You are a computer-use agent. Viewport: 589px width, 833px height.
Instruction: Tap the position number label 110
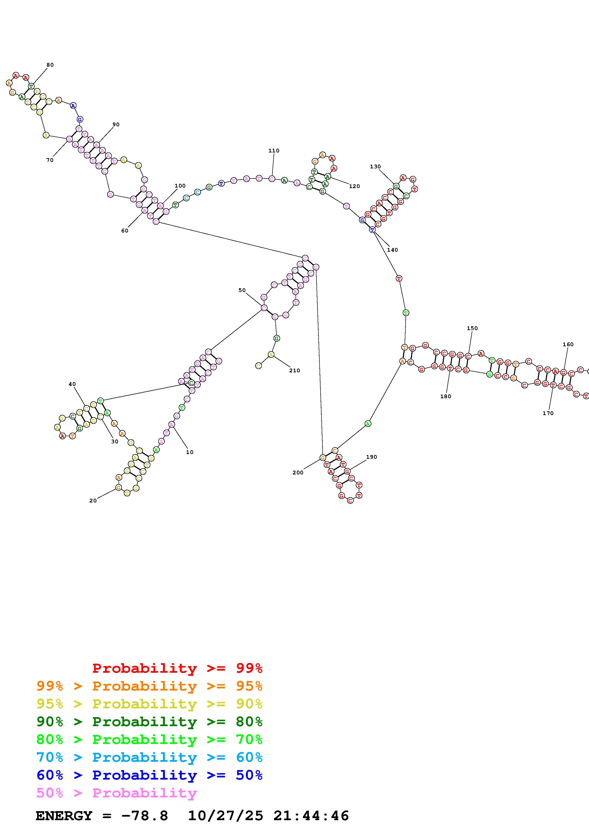pos(274,151)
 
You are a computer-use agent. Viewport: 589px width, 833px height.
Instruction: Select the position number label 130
pos(375,166)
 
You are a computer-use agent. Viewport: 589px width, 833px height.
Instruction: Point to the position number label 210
pos(294,370)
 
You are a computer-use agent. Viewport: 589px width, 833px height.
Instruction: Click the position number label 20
pos(93,501)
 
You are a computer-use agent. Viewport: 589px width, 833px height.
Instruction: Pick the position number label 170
pos(548,413)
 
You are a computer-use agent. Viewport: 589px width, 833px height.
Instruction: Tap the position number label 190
pos(371,457)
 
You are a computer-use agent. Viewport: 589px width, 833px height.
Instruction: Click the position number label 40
pos(72,384)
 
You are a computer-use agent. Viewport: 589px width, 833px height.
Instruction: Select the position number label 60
pos(125,231)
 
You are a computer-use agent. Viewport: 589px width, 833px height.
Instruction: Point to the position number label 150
pos(472,328)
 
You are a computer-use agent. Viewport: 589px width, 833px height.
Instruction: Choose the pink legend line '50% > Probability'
pos(117,793)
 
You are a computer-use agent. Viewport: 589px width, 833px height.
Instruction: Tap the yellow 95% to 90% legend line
pos(149,704)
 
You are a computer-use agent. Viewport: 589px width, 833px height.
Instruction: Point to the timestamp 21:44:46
pos(311,816)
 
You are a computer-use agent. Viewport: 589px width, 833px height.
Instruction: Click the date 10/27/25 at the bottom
pos(225,816)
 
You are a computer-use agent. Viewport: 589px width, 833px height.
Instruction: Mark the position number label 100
pos(180,186)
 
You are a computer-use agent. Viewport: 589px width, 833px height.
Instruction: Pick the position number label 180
pos(446,397)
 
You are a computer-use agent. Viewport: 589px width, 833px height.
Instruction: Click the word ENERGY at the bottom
pos(64,816)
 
